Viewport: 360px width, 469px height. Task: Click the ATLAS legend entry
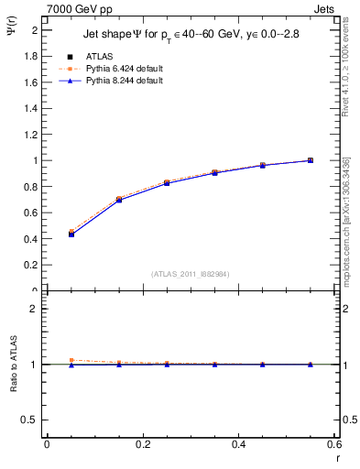pos(99,57)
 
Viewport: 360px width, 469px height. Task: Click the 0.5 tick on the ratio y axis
pos(34,420)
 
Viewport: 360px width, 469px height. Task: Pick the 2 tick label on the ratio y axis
pos(38,309)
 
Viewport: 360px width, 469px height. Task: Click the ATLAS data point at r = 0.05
pos(71,234)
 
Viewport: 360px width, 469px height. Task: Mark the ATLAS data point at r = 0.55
pos(311,160)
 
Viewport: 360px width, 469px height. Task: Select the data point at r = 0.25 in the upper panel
pos(167,183)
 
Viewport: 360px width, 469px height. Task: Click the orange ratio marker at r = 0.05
pos(71,360)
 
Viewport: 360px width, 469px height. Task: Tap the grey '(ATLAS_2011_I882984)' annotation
pos(191,274)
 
